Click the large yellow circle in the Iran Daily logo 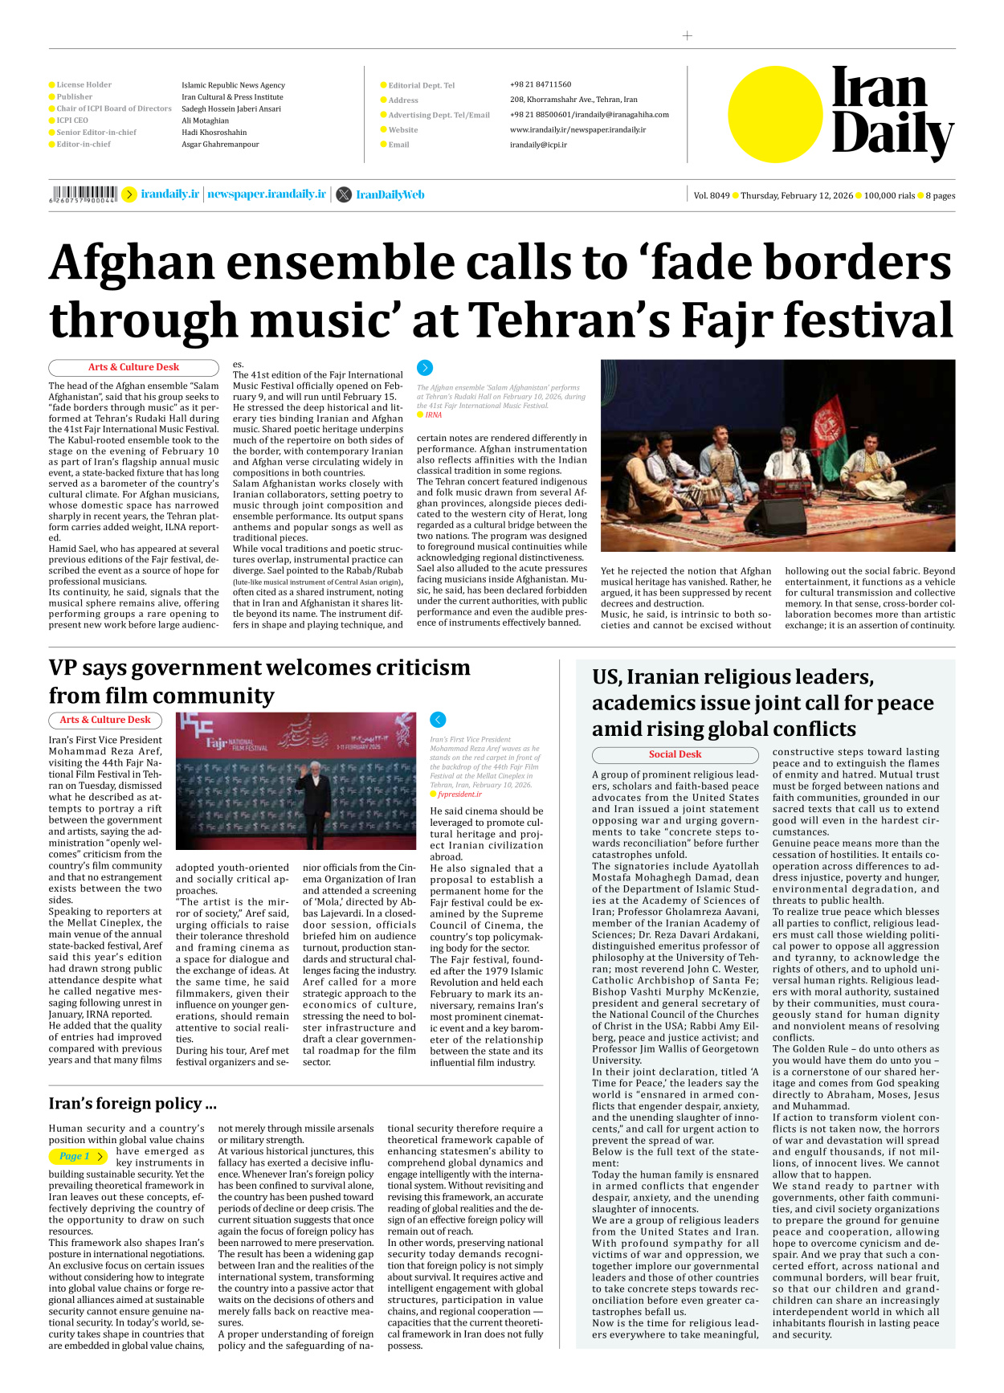pyautogui.click(x=775, y=114)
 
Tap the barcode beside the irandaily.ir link pyautogui.click(x=84, y=194)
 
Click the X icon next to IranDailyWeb pyautogui.click(x=344, y=194)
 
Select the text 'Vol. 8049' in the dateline pyautogui.click(x=712, y=195)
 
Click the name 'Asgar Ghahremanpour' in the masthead pyautogui.click(x=220, y=145)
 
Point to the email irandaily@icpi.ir pyautogui.click(x=538, y=145)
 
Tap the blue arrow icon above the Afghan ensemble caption pyautogui.click(x=425, y=368)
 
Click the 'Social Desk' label pyautogui.click(x=675, y=754)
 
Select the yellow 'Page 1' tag pyautogui.click(x=78, y=1156)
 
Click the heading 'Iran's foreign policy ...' pyautogui.click(x=133, y=1103)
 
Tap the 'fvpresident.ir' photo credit pyautogui.click(x=459, y=794)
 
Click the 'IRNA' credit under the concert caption pyautogui.click(x=433, y=415)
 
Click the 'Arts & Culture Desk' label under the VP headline pyautogui.click(x=105, y=720)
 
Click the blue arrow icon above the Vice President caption pyautogui.click(x=438, y=720)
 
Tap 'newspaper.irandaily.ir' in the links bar pyautogui.click(x=267, y=194)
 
